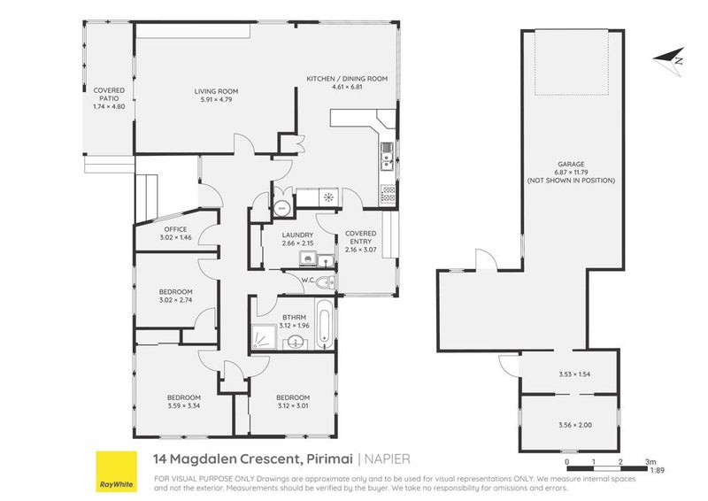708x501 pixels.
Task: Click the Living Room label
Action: click(217, 96)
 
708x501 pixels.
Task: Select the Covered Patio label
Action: click(109, 98)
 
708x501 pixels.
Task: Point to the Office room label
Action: click(174, 234)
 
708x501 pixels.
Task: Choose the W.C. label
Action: click(308, 281)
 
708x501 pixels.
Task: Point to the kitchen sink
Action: click(387, 160)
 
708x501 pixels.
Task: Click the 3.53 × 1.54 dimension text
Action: click(574, 374)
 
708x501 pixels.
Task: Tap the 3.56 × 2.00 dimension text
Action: click(574, 426)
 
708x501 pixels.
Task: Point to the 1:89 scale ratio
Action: click(656, 471)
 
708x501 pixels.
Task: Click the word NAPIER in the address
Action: click(389, 459)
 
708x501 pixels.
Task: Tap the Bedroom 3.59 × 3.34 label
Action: click(185, 401)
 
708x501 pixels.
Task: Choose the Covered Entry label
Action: click(361, 239)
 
